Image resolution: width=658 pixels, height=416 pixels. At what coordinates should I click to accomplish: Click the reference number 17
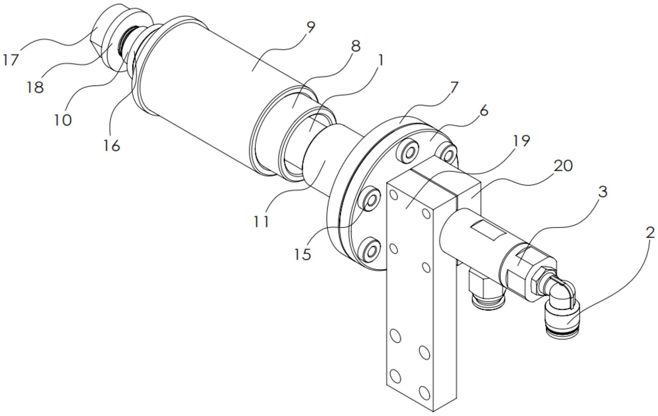11,60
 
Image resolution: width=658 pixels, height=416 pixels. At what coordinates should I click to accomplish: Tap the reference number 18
35,88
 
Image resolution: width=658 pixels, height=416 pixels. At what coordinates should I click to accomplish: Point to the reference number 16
112,146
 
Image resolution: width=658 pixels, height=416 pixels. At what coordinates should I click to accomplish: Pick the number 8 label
356,46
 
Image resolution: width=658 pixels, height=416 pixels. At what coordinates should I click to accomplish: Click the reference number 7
453,88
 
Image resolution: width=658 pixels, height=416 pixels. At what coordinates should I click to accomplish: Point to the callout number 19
521,140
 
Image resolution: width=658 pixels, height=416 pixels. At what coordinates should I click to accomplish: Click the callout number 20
563,166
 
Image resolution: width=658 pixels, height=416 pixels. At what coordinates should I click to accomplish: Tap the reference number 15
303,254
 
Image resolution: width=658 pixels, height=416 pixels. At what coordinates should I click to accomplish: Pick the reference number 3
603,192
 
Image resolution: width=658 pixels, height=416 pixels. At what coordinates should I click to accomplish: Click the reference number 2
650,233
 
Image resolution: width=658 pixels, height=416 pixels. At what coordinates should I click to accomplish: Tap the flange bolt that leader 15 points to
370,201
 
